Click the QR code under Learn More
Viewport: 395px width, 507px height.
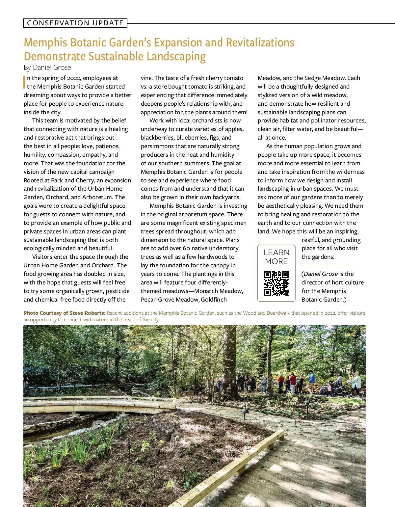tap(276, 283)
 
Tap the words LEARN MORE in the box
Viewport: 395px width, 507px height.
tap(276, 257)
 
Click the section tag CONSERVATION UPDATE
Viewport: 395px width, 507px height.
tap(75, 23)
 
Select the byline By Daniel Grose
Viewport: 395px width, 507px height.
tap(47, 67)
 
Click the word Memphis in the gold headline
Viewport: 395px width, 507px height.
tap(45, 43)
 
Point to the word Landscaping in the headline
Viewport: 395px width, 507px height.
tap(176, 57)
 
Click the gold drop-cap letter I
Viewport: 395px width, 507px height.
tap(24, 82)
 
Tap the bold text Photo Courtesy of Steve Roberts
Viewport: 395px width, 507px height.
tap(65, 313)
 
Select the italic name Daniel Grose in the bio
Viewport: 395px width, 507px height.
tap(321, 274)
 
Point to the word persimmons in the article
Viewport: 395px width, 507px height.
tap(156, 146)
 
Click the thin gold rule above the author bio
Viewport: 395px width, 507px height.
tap(328, 265)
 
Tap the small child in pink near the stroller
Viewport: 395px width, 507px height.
tap(329, 388)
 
